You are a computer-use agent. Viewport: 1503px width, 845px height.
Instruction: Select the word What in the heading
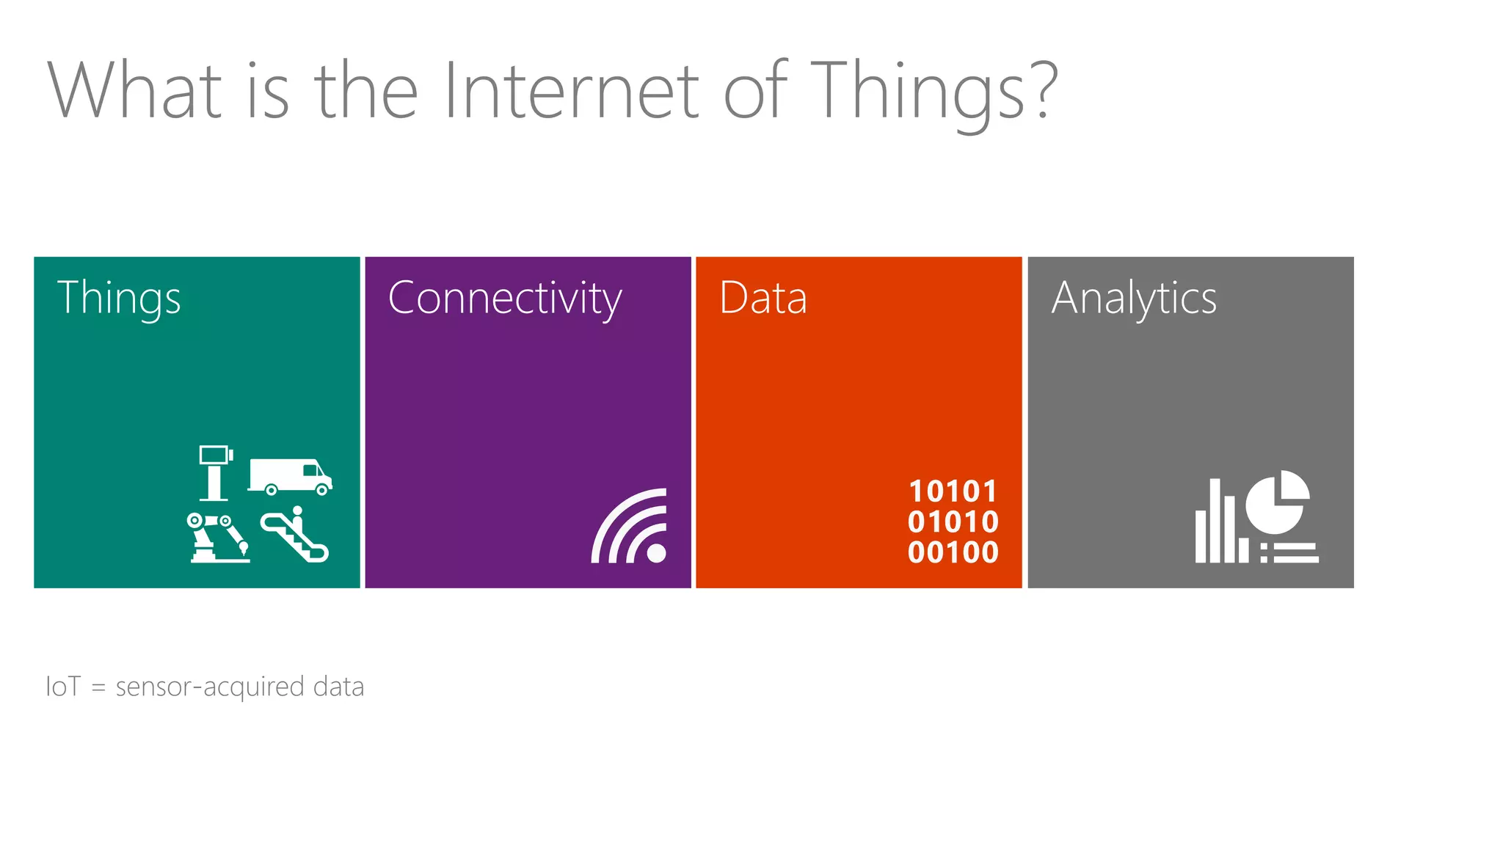pyautogui.click(x=135, y=92)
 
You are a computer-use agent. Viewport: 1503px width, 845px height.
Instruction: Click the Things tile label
pyautogui.click(x=119, y=298)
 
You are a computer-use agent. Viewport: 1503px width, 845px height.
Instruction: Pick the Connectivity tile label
pyautogui.click(x=505, y=298)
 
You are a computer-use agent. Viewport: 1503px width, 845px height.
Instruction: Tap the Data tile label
pyautogui.click(x=763, y=298)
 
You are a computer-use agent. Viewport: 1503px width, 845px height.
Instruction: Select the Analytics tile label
pyautogui.click(x=1134, y=298)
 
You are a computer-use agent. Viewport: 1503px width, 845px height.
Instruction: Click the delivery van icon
pyautogui.click(x=290, y=477)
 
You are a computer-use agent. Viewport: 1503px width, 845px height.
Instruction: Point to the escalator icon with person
pyautogui.click(x=295, y=535)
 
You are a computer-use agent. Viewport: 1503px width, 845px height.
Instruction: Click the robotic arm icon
pyautogui.click(x=217, y=538)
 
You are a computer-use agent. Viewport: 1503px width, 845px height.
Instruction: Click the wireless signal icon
pyautogui.click(x=630, y=526)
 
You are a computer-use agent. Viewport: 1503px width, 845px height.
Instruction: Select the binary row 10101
pyautogui.click(x=953, y=491)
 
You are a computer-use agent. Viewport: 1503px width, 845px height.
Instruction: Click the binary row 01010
pyautogui.click(x=953, y=522)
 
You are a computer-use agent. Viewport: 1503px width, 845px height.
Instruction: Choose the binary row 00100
pyautogui.click(x=953, y=552)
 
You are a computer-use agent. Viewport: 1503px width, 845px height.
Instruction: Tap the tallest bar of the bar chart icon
pyautogui.click(x=1215, y=521)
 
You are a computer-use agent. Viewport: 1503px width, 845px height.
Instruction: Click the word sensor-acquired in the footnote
pyautogui.click(x=210, y=687)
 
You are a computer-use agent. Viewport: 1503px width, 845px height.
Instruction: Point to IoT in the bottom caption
pyautogui.click(x=63, y=687)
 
